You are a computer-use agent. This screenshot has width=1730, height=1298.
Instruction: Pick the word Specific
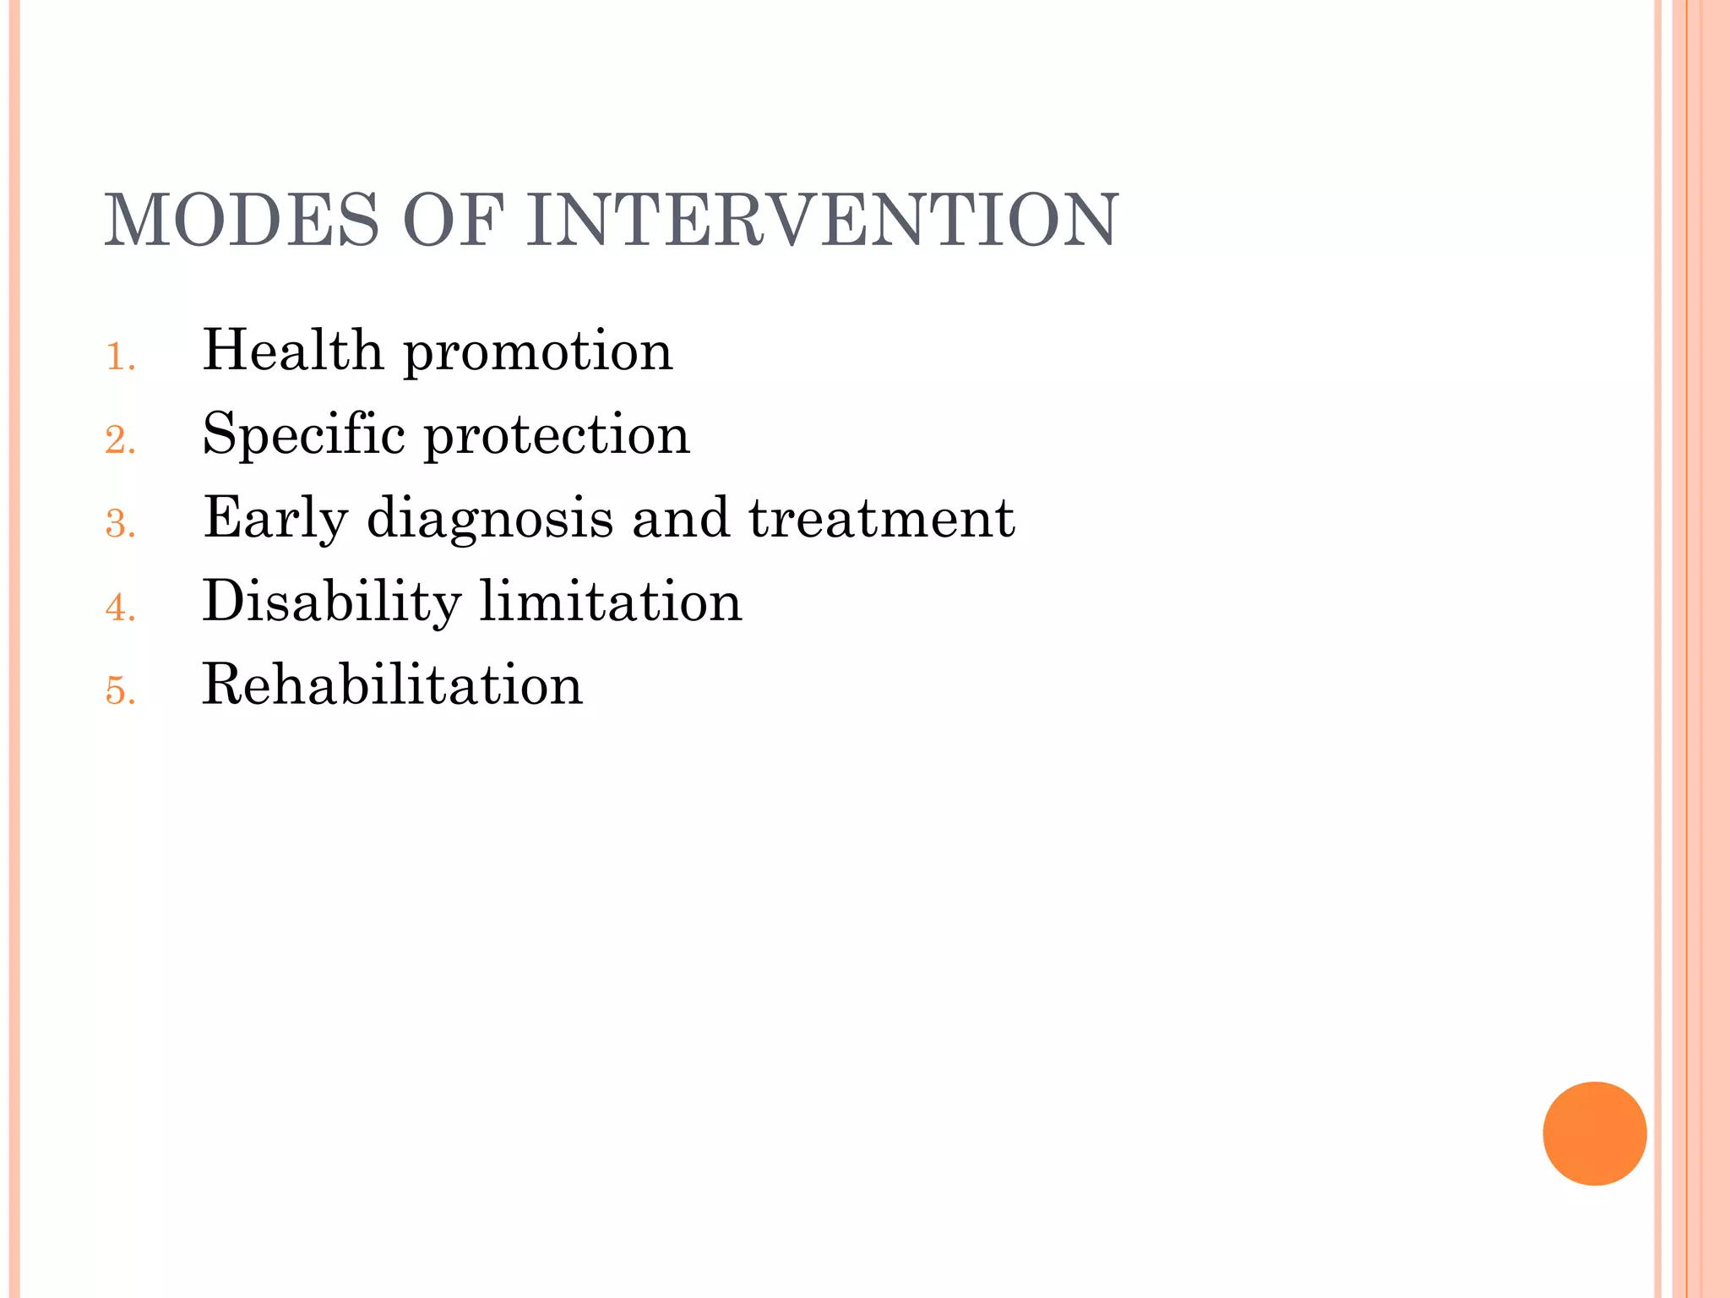click(304, 434)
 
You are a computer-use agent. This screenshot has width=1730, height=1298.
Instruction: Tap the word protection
click(556, 436)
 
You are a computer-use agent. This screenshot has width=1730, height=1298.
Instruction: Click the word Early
click(275, 519)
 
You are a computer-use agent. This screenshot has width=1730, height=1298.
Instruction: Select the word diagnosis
click(490, 519)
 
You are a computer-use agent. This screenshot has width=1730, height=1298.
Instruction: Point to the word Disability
click(332, 602)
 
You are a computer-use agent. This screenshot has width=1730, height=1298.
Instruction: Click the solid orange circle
click(1594, 1133)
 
